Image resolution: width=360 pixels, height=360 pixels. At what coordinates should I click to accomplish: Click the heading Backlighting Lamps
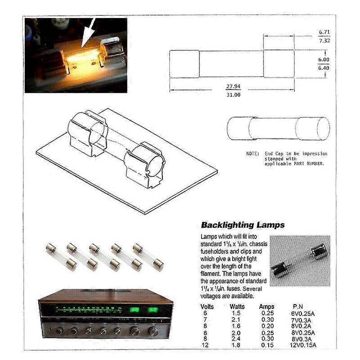click(242, 225)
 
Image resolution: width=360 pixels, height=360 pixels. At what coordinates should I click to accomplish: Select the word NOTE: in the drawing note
click(252, 154)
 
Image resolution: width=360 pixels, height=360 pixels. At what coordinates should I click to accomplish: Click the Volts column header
click(207, 306)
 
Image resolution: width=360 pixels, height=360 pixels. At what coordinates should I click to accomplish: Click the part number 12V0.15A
click(303, 345)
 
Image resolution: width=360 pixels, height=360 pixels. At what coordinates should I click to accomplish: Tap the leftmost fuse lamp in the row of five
click(61, 256)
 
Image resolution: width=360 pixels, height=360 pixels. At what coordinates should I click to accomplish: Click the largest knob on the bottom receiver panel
click(153, 332)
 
